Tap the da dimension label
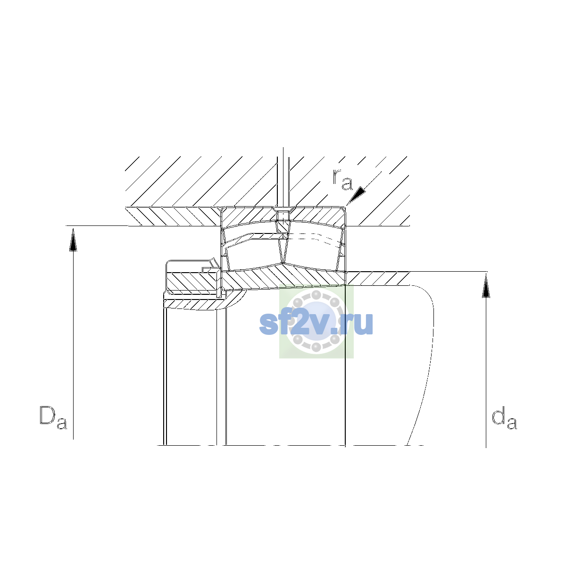tap(504, 417)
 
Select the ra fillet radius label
tap(342, 179)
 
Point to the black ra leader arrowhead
tap(357, 195)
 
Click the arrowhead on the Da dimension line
tap(73, 240)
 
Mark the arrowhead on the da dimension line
tap(486, 286)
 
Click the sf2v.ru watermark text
tap(316, 324)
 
